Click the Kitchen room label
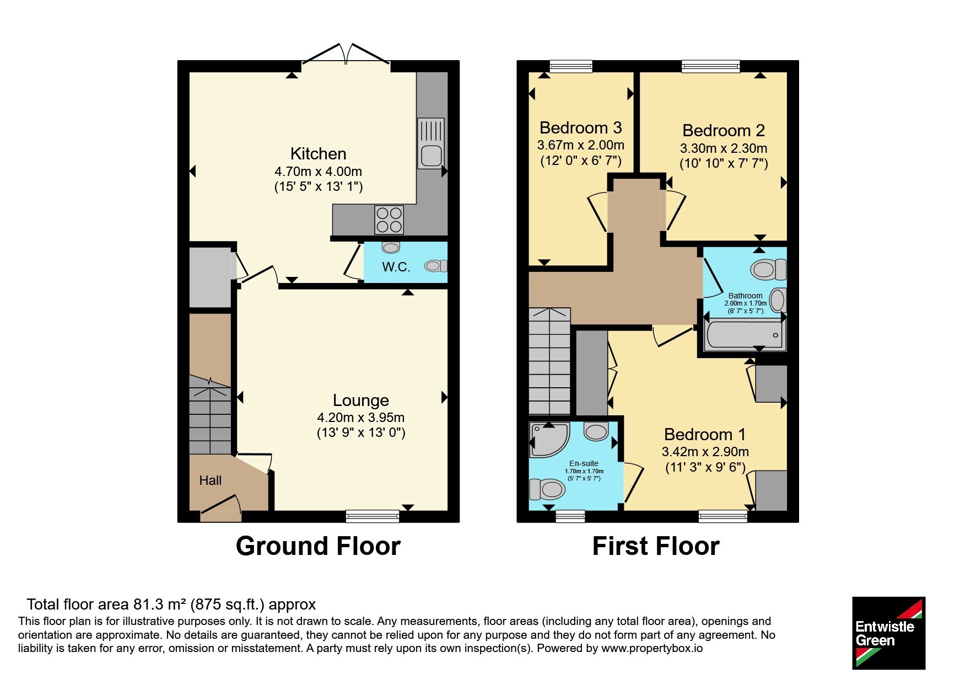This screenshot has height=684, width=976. coord(318,153)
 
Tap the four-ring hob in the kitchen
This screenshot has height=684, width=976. coord(389,220)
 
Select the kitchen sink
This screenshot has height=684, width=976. coord(430,143)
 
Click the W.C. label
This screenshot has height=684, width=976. coord(396,267)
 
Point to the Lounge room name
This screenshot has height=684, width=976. coord(361,400)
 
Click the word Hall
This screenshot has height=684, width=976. coord(210,480)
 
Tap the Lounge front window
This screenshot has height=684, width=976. coord(373,516)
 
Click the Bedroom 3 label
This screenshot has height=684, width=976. coord(580,127)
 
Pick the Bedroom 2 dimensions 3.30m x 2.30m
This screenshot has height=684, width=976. coord(723,148)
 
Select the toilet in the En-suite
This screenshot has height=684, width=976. coord(547,488)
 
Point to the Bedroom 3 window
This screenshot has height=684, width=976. coord(571,66)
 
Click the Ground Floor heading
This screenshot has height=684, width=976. coord(318,546)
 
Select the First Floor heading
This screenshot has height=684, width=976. coord(656,546)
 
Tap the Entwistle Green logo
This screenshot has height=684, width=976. coord(888,633)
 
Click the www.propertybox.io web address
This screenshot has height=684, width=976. coord(652,649)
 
